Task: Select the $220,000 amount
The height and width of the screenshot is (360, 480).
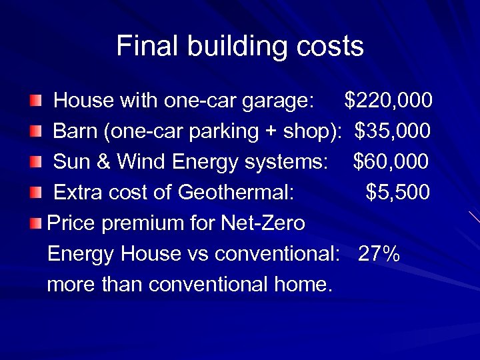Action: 388,101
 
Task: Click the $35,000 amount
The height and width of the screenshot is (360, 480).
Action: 393,131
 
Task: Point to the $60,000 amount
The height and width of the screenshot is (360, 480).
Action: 391,162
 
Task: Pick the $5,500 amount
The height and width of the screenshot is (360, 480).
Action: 398,193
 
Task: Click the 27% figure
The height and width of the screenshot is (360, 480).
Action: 379,254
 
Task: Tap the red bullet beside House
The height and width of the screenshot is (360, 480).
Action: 35,101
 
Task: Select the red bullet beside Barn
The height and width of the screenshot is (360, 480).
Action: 35,132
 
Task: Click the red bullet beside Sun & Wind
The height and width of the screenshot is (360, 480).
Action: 35,163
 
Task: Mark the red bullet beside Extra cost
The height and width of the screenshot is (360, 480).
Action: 35,193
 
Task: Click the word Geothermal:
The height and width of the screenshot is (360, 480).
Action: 236,193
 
